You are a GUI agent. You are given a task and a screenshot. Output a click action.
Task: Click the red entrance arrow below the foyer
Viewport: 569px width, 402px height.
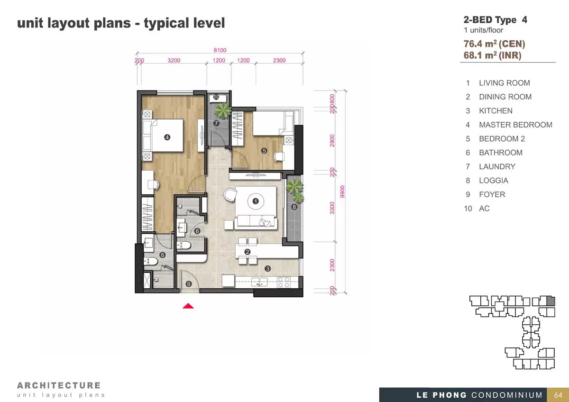point(188,306)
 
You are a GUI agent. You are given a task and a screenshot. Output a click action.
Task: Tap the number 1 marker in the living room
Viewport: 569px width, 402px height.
point(256,201)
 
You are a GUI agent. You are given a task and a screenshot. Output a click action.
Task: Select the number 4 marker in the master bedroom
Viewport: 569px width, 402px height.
point(167,137)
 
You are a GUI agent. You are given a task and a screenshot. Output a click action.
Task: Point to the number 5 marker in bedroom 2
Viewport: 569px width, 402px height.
point(264,151)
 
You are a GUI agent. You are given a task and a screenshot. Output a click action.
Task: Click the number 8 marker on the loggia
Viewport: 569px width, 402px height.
point(294,207)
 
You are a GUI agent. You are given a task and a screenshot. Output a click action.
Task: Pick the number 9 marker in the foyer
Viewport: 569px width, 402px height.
point(189,284)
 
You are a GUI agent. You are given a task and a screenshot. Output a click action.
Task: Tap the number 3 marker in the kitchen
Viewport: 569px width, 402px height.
point(267,269)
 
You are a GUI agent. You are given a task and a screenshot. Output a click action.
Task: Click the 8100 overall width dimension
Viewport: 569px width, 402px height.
point(220,50)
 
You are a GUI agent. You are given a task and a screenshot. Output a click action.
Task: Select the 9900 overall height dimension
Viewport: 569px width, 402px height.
point(342,192)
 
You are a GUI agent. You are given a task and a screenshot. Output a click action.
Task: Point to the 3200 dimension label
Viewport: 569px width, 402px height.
point(174,60)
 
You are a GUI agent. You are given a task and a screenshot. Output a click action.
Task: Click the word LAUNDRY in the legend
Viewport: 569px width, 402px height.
point(497,166)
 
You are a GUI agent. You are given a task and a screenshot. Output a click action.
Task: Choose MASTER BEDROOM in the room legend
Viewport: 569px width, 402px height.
point(516,125)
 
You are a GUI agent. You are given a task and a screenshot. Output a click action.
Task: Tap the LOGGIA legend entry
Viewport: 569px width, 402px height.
point(494,181)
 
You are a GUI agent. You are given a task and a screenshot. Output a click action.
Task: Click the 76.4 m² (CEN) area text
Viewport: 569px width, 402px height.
point(494,44)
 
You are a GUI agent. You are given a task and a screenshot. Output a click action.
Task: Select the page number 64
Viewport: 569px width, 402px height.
point(558,395)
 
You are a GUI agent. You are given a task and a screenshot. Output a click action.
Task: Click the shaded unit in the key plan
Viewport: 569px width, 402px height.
point(551,301)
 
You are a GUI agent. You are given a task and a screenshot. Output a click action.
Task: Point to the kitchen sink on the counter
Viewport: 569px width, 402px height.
point(259,282)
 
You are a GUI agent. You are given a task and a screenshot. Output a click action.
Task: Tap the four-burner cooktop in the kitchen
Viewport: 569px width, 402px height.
point(284,283)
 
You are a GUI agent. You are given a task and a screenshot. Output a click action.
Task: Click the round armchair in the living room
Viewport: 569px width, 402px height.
point(230,195)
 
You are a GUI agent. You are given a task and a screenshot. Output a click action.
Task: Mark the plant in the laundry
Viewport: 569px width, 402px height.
point(223,111)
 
